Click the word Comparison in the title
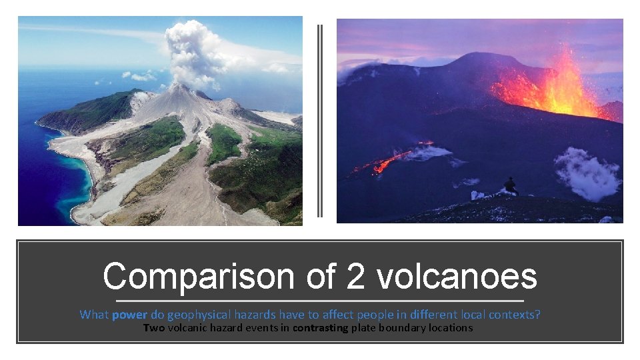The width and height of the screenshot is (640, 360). point(197,277)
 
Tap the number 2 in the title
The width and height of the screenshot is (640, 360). point(355,277)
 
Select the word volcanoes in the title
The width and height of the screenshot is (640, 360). point(457,277)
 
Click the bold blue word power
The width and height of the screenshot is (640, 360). point(130,314)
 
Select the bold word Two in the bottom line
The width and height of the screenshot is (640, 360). point(154,327)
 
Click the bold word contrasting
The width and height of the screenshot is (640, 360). point(322,327)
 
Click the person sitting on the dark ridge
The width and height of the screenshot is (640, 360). point(511,186)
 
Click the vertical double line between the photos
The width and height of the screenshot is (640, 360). point(320,120)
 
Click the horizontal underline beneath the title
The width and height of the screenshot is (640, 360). point(320,301)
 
